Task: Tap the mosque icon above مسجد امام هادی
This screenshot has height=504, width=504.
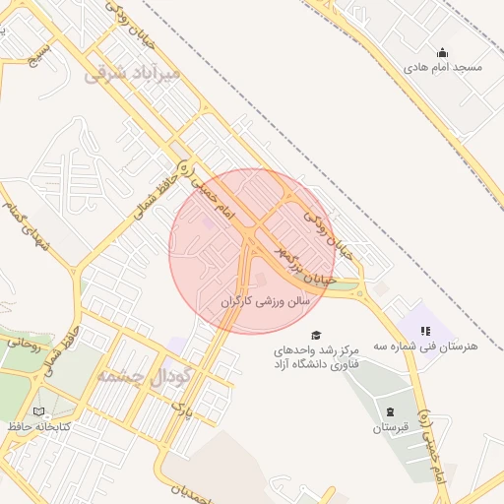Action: pyautogui.click(x=443, y=53)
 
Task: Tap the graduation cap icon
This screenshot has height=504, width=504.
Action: pyautogui.click(x=316, y=335)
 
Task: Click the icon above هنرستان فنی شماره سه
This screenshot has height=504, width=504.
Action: pyautogui.click(x=426, y=332)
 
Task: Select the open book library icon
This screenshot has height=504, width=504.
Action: pyautogui.click(x=38, y=411)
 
